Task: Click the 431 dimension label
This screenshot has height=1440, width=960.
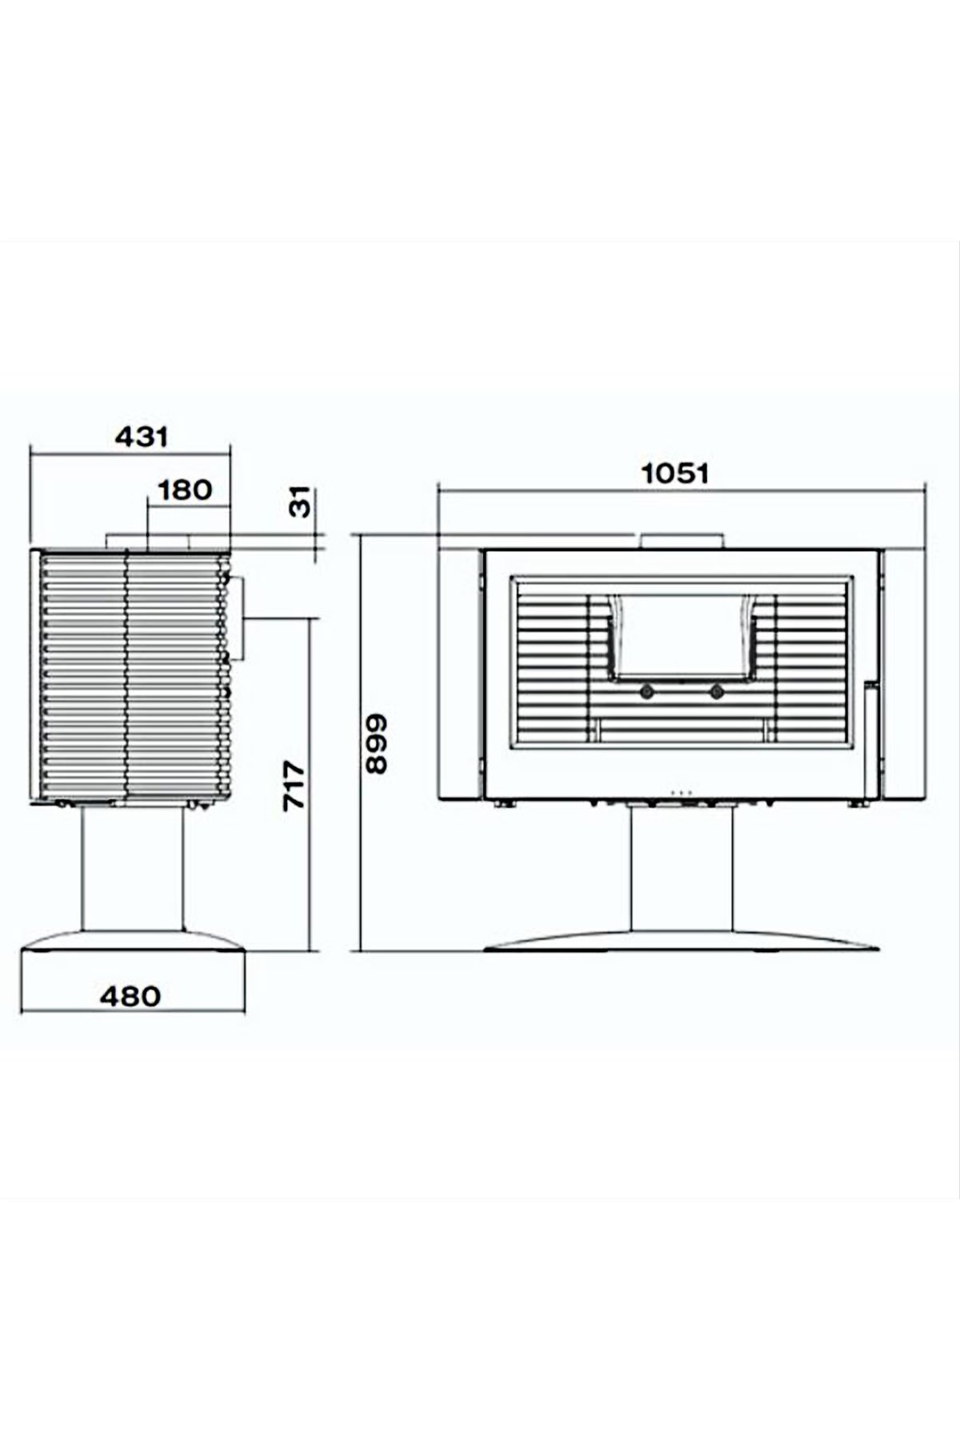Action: (x=142, y=437)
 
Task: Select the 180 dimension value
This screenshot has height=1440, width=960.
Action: (x=185, y=490)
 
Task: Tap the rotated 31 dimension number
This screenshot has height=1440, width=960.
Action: (x=298, y=502)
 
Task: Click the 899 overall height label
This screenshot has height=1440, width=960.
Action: (x=376, y=743)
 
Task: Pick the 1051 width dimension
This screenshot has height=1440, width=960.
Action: (x=676, y=473)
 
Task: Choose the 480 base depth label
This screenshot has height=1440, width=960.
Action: (x=130, y=996)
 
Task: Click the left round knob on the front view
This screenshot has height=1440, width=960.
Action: (x=645, y=691)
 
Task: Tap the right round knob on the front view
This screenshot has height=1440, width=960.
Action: (x=716, y=691)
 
